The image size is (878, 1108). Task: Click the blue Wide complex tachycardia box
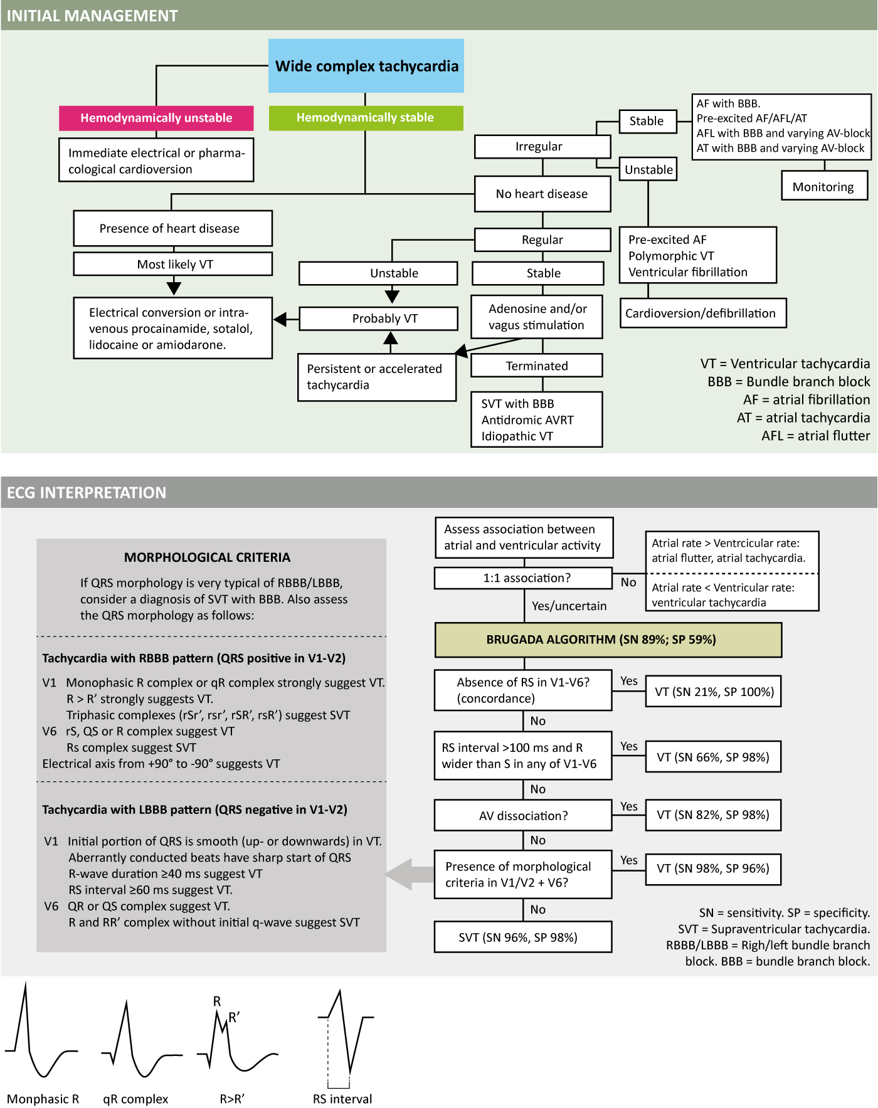pos(366,66)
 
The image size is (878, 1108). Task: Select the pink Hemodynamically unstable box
pos(156,118)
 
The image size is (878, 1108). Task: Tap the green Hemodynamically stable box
pos(366,118)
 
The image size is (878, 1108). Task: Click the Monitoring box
pos(824,187)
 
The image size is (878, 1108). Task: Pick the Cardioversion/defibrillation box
pos(702,313)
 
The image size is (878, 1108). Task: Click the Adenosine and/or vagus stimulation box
pos(537,317)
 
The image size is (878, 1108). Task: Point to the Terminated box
pos(537,366)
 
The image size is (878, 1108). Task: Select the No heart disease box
pos(542,194)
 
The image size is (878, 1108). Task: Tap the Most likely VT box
pos(173,264)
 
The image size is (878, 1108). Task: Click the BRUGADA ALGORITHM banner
pos(608,640)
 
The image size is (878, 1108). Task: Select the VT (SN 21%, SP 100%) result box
pos(714,692)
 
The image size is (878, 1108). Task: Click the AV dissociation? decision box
pos(523,815)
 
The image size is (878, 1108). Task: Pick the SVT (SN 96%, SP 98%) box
pos(522,937)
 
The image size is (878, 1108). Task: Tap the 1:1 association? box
pos(523,578)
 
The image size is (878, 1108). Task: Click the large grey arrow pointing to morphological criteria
pos(409,874)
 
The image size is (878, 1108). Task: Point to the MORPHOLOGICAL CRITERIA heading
pos(207,557)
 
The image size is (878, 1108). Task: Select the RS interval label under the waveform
pos(342,1099)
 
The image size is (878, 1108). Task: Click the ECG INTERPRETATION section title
pos(87,492)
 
